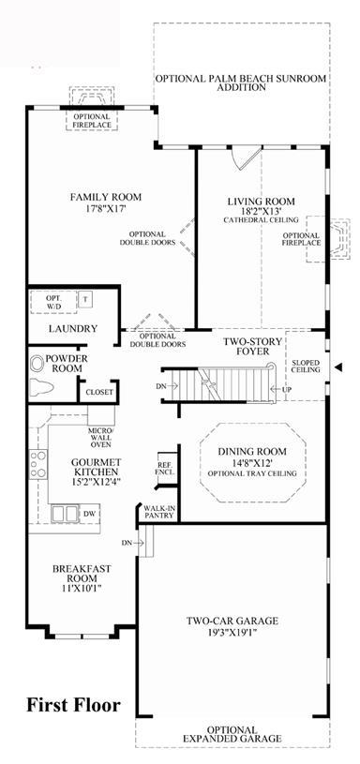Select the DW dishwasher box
point(89,514)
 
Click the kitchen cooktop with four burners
point(38,464)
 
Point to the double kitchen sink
point(65,514)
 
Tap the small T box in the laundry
point(85,299)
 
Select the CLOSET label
point(98,392)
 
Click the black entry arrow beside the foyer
point(338,367)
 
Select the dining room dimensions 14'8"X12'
point(251,462)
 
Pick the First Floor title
point(73,705)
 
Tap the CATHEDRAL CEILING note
point(262,220)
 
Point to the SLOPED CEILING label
point(306,366)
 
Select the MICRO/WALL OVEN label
point(100,438)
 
